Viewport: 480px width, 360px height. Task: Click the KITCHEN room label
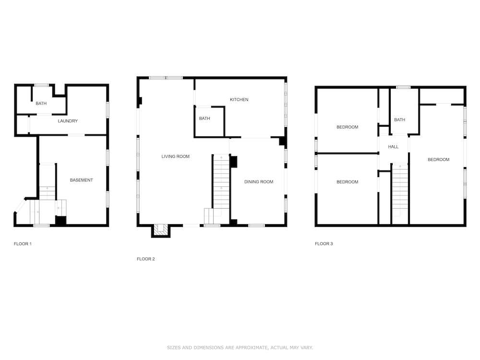[x=239, y=99]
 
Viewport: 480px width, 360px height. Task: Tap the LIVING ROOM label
[x=175, y=156]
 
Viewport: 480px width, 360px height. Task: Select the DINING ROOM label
[x=259, y=182]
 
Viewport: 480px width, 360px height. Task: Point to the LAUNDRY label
[x=68, y=121]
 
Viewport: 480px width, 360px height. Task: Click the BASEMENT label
[x=82, y=180]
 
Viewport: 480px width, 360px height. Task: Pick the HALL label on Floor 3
[x=394, y=146]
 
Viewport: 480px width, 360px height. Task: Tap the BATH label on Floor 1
[x=41, y=104]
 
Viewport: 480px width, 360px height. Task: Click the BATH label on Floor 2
[x=204, y=119]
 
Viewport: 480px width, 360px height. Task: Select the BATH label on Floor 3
[x=399, y=120]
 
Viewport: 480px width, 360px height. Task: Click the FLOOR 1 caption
[x=23, y=244]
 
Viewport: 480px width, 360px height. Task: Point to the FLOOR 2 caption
[x=146, y=259]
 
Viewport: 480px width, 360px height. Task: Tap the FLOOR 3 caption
[x=324, y=244]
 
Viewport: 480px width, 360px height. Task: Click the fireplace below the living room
[x=161, y=231]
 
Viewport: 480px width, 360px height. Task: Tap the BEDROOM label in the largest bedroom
[x=438, y=159]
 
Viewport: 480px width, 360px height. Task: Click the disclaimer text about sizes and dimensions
[x=240, y=348]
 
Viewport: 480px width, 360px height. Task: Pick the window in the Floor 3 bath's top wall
[x=403, y=87]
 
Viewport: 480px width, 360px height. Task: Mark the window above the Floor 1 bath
[x=41, y=85]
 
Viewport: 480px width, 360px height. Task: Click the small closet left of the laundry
[x=23, y=125]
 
